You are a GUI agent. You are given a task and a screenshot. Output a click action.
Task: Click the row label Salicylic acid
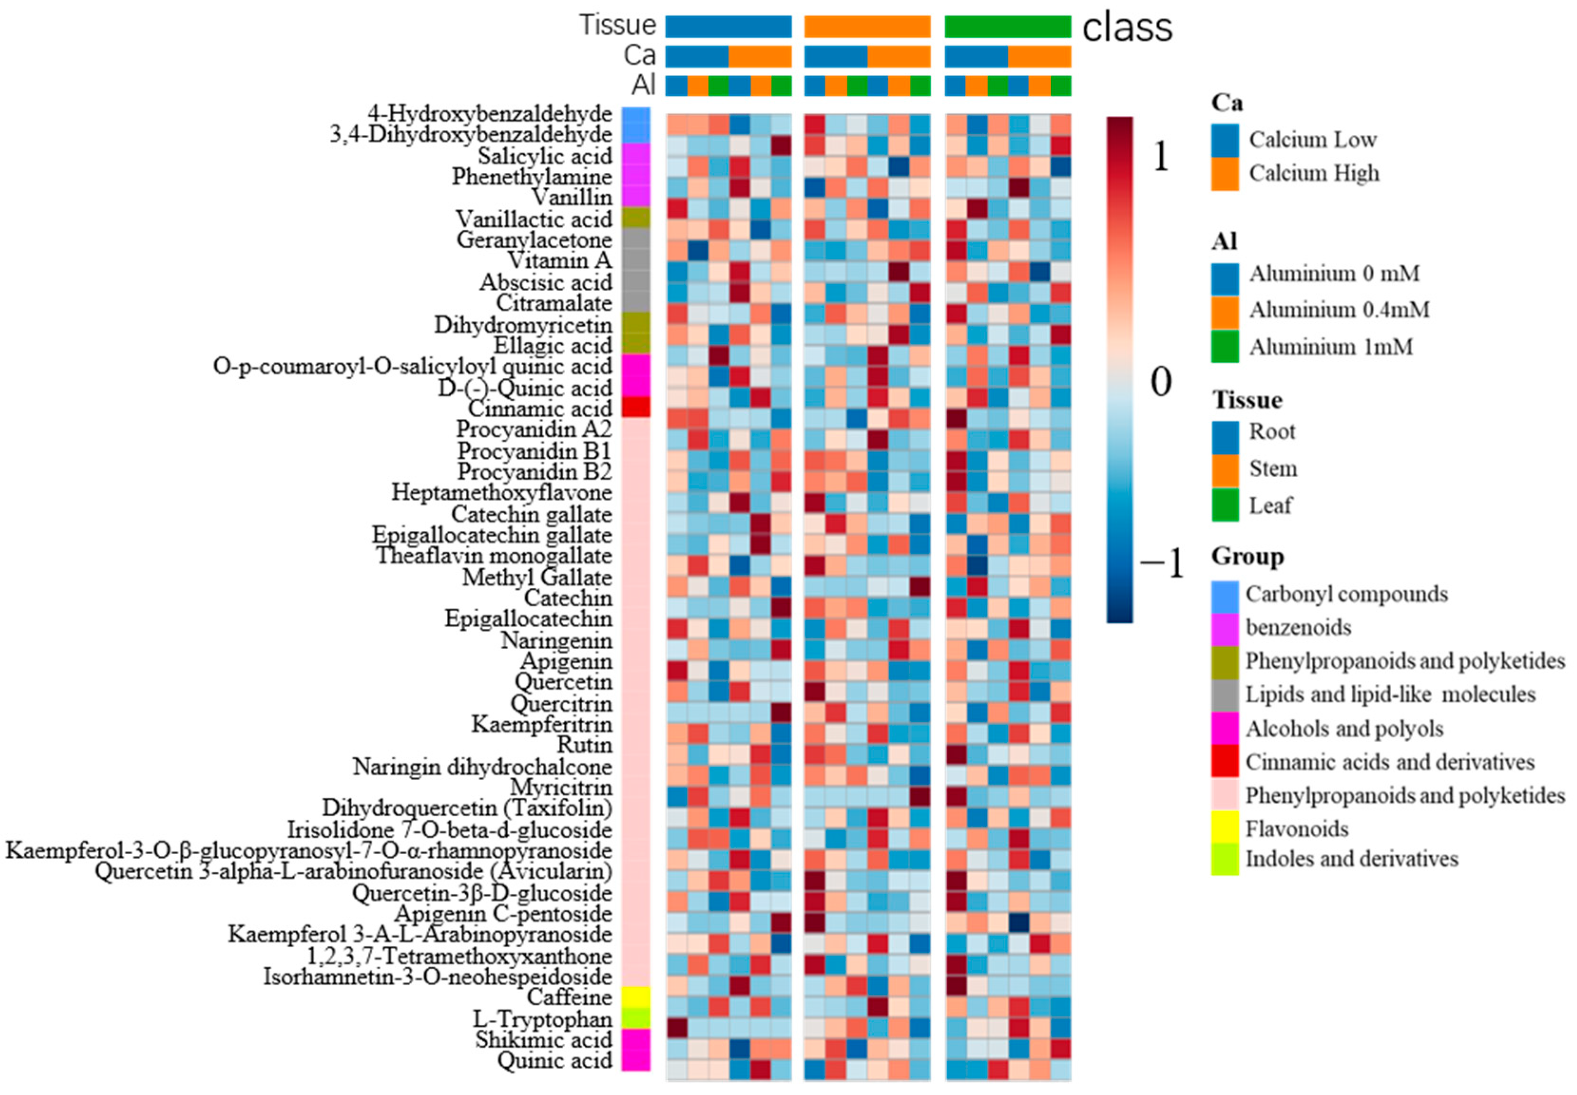pos(544,156)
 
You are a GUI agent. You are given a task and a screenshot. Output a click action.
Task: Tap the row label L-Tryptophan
pos(542,1019)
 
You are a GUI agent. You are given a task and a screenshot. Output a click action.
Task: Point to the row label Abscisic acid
pos(545,282)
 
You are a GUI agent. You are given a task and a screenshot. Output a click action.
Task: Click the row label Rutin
pos(584,745)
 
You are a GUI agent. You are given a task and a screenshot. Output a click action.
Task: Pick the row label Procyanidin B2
pos(534,472)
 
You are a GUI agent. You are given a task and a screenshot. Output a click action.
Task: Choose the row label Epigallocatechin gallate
pos(491,535)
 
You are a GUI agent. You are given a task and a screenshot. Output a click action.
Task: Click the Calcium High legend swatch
pos(1225,174)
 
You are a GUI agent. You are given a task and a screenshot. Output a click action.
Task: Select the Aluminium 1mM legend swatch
pos(1225,347)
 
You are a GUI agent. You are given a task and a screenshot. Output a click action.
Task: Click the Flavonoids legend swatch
pos(1225,828)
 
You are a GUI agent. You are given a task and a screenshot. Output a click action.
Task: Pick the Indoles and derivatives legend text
pos(1351,859)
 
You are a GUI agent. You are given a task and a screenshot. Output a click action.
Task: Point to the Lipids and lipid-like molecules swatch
pos(1225,694)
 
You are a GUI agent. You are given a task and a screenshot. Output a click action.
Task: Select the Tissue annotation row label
pos(617,25)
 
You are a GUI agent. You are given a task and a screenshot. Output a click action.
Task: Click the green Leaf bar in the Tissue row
pos(1007,27)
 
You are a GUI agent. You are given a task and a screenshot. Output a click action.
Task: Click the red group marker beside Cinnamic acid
pos(636,407)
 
